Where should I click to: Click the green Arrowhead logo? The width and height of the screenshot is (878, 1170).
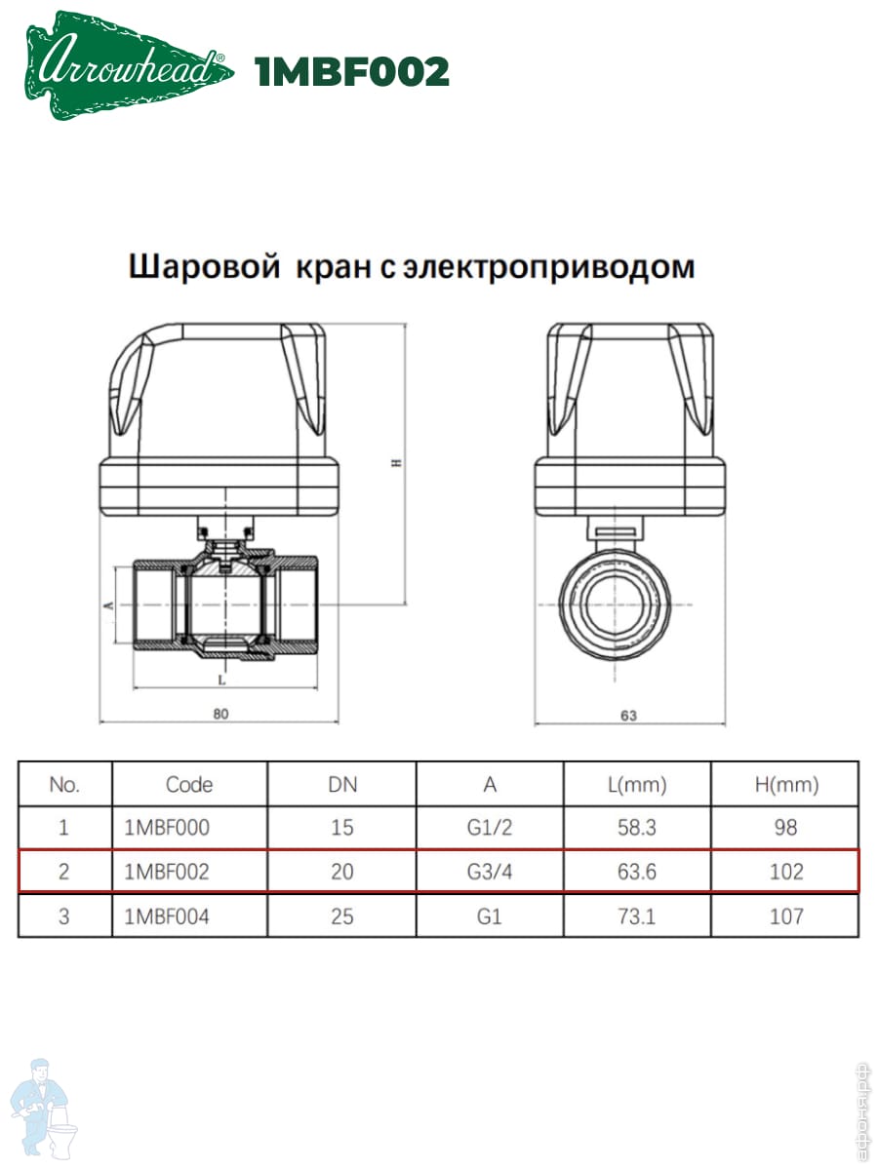click(130, 65)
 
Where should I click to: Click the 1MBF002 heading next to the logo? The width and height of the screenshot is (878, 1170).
click(352, 71)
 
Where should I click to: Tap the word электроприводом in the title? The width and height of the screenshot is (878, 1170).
click(549, 266)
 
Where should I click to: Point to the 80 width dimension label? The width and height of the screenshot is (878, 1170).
click(220, 714)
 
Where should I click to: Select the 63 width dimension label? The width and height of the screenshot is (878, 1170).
click(629, 716)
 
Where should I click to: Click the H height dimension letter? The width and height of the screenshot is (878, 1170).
click(397, 463)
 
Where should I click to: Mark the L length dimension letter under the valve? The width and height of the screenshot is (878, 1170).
click(222, 681)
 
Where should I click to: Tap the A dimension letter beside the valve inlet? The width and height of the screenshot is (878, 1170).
click(108, 605)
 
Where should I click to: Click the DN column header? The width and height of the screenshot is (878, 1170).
click(342, 785)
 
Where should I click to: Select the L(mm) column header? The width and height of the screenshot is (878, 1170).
click(637, 785)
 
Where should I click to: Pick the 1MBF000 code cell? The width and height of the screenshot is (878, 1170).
click(167, 828)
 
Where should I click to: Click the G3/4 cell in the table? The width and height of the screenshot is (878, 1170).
click(490, 872)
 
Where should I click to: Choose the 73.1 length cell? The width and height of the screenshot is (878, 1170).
click(636, 916)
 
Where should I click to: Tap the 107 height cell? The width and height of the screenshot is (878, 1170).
click(786, 916)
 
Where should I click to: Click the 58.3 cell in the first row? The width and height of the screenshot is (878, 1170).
click(636, 828)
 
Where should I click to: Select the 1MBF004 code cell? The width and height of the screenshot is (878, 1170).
click(167, 916)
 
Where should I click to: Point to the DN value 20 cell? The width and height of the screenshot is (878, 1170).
click(342, 872)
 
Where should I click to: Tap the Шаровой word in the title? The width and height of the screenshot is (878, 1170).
click(205, 266)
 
